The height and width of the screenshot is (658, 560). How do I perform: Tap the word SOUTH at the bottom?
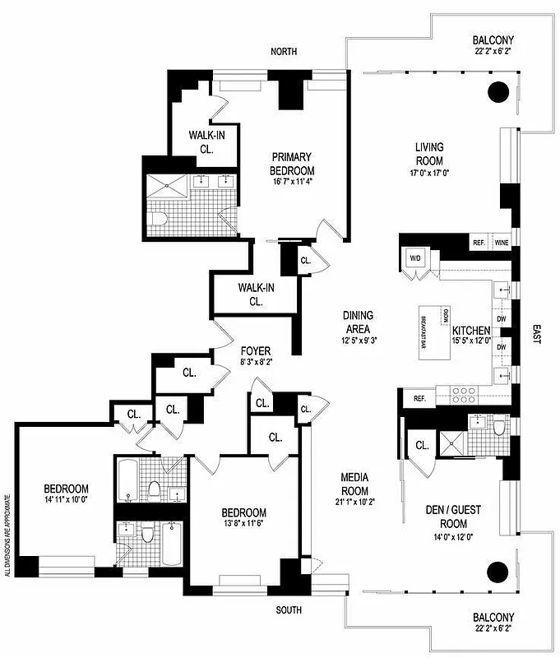click(288, 610)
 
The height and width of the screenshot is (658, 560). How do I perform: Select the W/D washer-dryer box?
click(414, 258)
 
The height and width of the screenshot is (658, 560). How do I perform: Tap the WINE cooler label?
click(501, 243)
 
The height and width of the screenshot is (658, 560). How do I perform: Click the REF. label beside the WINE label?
click(479, 243)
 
